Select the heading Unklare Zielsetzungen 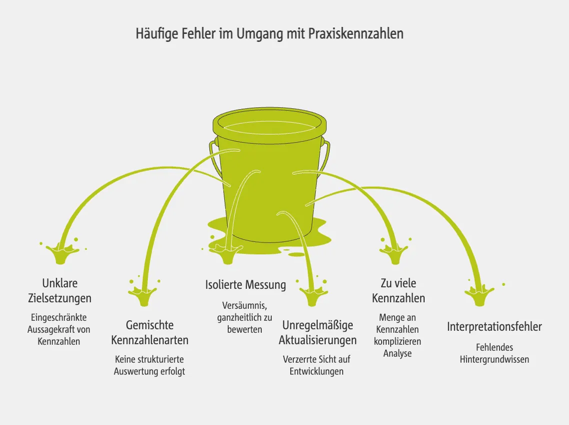[x=59, y=291]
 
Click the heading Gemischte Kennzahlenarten [x=149, y=333]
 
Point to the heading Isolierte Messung [x=245, y=285]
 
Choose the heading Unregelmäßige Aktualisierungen [x=317, y=333]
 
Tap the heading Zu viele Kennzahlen [x=398, y=291]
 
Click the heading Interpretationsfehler [x=494, y=327]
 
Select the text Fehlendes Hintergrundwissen [x=494, y=353]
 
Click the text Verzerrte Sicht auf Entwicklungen [x=317, y=365]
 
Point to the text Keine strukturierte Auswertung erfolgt [x=149, y=365]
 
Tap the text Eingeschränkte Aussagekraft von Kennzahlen [x=59, y=329]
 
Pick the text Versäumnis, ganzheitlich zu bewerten [x=245, y=317]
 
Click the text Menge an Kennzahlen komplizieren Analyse [x=398, y=335]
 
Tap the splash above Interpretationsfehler [x=479, y=295]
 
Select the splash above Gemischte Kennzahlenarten [x=143, y=295]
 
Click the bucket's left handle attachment [x=214, y=145]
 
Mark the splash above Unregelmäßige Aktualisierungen [x=313, y=295]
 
